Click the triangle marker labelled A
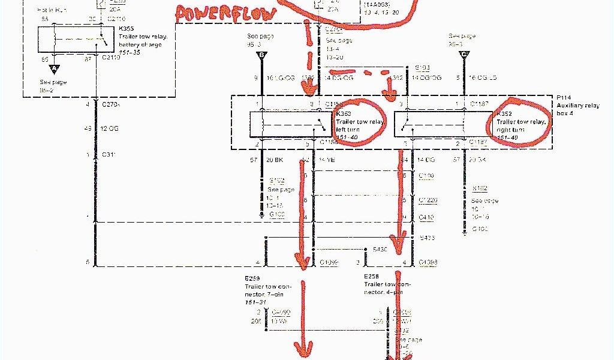(x=53, y=68)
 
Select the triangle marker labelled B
(x=261, y=56)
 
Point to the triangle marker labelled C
(x=464, y=56)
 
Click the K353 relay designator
(x=344, y=114)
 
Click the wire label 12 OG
(x=110, y=129)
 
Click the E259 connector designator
(x=252, y=279)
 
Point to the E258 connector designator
(x=372, y=277)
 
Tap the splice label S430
(x=380, y=248)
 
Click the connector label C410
(x=427, y=218)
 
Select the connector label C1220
(x=428, y=200)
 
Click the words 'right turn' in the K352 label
(x=511, y=130)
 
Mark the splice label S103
(x=422, y=68)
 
